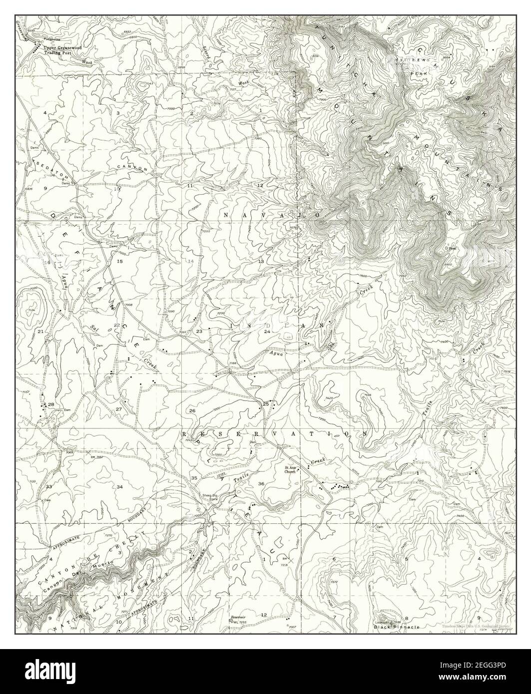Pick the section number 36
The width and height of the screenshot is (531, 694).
coord(261,483)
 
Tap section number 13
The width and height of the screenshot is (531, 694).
coord(261,261)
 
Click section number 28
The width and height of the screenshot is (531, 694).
coord(51,404)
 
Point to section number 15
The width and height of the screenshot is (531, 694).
coord(119,261)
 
